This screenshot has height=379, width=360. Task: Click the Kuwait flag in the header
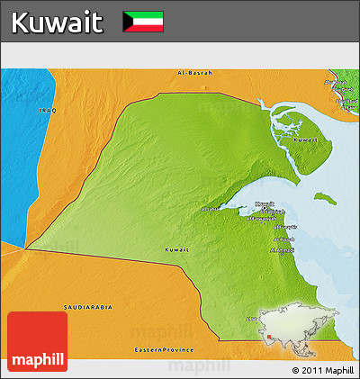pos(142,21)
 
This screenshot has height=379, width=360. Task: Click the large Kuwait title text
pos(57,22)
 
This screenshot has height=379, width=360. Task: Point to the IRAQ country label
pos(48,110)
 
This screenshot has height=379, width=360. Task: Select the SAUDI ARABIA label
pos(88,307)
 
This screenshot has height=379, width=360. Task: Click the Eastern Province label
pos(164,348)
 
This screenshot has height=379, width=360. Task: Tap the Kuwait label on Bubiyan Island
pos(307,140)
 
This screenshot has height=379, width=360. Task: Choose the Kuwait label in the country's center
pos(177,248)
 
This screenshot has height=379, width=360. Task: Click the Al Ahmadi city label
pos(283,249)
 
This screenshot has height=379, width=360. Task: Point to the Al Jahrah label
pos(209,209)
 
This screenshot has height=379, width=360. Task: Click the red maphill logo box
pos(37,341)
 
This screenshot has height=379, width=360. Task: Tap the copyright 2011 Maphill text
pos(322,369)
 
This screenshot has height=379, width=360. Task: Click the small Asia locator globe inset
pos(292,325)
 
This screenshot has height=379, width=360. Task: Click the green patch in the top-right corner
pos(347,90)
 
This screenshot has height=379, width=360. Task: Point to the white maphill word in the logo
pos(37,360)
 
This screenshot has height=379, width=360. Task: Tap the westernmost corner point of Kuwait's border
pos(26,248)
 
